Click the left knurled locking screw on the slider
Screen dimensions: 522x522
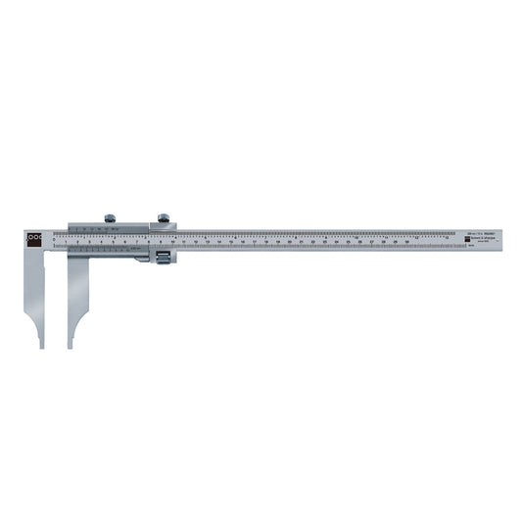pos(111,218)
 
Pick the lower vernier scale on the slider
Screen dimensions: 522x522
pos(108,251)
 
